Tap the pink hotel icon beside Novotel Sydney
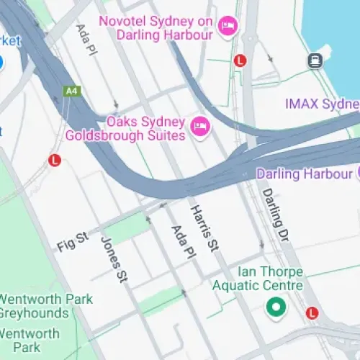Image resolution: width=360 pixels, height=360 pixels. (228, 27)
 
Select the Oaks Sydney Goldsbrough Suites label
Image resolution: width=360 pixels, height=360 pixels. (127, 127)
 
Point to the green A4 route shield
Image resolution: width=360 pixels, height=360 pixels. (71, 91)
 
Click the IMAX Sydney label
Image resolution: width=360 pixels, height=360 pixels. (321, 104)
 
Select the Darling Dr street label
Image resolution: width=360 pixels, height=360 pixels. (274, 212)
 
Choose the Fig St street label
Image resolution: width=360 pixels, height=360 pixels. (72, 240)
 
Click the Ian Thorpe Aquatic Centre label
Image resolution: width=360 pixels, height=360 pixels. (258, 279)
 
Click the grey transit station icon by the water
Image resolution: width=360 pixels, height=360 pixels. (315, 61)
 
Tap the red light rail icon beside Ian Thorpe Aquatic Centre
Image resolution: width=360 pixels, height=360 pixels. (311, 313)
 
